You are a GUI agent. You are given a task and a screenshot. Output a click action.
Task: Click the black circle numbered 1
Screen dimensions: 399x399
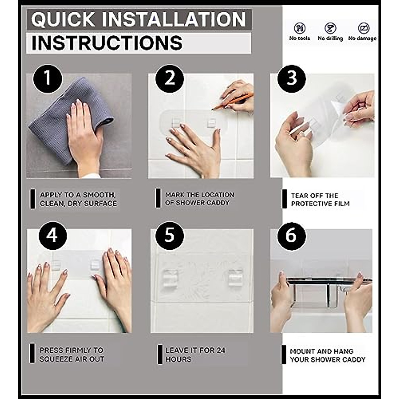[x=48, y=78]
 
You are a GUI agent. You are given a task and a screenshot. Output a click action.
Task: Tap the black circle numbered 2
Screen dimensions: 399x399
[x=170, y=78]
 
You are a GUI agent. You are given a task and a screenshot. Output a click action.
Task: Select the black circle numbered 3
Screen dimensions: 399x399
[x=292, y=79]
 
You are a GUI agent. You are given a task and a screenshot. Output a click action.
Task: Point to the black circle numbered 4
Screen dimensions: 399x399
[x=53, y=236]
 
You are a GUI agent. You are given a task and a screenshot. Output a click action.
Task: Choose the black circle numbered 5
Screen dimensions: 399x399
[x=170, y=236]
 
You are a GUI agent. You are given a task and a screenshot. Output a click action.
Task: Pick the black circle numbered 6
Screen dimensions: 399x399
[x=292, y=236]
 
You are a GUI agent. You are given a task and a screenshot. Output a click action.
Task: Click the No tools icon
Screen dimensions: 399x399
[x=300, y=28]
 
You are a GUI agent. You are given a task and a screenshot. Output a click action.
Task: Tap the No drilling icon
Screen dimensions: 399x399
[x=330, y=28]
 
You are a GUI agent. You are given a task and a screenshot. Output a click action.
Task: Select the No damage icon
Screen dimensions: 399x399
[x=364, y=28]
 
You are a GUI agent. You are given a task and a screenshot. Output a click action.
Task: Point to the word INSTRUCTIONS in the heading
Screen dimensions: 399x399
[x=107, y=43]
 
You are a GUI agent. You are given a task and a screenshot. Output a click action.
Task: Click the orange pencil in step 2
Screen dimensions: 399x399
[x=232, y=101]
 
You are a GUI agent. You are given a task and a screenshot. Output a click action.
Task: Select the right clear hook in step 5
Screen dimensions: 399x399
[x=235, y=278]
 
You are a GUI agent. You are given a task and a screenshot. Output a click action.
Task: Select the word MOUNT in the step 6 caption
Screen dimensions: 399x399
[x=302, y=351]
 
